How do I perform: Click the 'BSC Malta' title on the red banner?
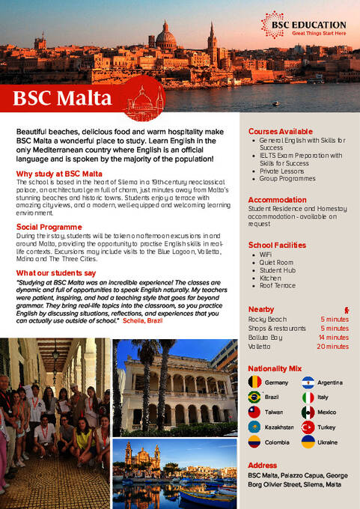(63, 98)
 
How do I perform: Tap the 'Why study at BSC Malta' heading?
(59, 174)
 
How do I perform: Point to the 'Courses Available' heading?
(280, 132)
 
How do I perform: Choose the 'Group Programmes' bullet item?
(288, 179)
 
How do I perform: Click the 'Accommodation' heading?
(277, 200)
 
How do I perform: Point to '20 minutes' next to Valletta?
(332, 347)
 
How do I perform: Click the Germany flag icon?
(254, 382)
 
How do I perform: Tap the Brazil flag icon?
(254, 397)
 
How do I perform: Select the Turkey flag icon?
(308, 427)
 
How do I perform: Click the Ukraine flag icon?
(308, 442)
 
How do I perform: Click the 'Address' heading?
(262, 465)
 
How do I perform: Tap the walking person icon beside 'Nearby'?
(346, 309)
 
